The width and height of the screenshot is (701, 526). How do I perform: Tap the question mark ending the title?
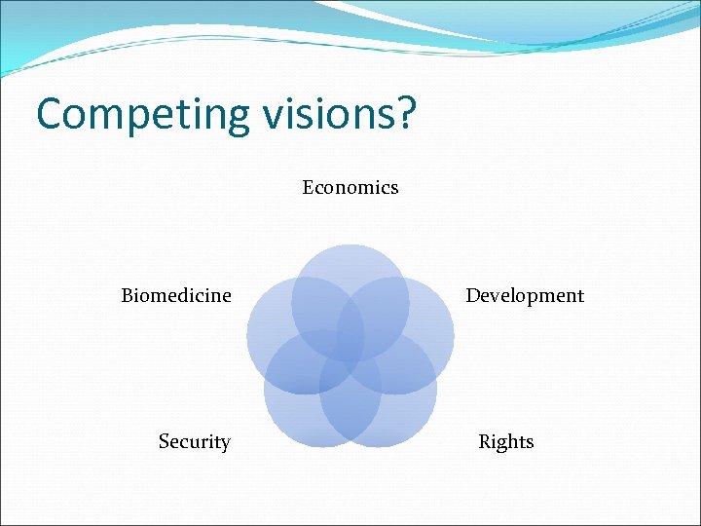[405, 112]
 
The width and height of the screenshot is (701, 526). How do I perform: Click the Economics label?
[350, 187]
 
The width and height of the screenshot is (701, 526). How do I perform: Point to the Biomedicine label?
[176, 295]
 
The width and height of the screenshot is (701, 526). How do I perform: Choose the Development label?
[525, 295]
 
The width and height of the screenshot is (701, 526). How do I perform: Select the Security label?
[195, 442]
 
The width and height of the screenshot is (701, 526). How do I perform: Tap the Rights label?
[506, 442]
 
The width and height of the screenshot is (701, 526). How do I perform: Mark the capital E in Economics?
[308, 187]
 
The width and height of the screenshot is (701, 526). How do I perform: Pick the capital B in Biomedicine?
[128, 295]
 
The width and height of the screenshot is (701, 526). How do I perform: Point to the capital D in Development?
[472, 295]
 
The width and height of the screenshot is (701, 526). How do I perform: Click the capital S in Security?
[165, 442]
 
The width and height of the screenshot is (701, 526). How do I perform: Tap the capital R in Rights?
[485, 442]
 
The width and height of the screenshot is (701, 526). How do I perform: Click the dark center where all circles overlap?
[350, 347]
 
